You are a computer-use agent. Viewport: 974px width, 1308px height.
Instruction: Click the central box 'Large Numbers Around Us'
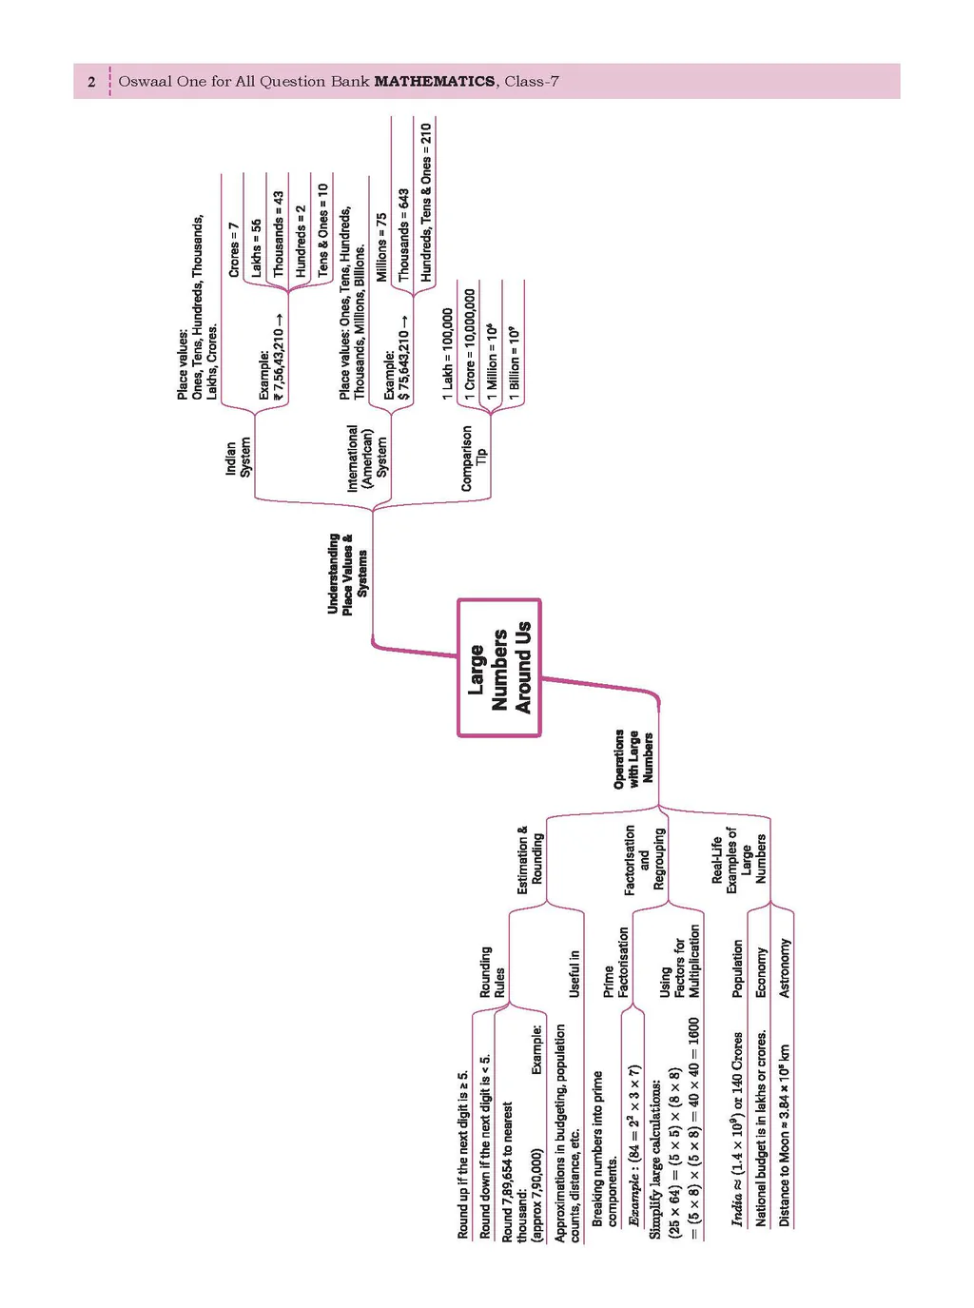click(x=498, y=668)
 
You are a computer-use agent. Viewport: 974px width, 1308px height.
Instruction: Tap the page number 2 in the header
click(x=91, y=82)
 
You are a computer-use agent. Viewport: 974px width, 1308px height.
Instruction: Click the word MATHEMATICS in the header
click(x=435, y=82)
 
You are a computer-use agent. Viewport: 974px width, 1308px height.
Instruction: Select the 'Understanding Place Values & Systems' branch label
click(x=347, y=573)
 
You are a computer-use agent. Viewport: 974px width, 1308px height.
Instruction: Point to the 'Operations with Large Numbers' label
click(x=633, y=758)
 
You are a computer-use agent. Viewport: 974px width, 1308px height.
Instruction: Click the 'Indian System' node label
click(x=238, y=458)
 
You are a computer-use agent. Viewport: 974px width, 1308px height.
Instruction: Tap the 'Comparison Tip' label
click(x=474, y=459)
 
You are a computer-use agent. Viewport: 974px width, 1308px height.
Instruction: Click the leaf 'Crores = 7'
click(x=234, y=249)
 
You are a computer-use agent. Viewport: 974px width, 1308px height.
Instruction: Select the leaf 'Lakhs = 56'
click(x=256, y=248)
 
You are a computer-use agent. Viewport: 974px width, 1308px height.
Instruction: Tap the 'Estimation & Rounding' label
click(x=530, y=860)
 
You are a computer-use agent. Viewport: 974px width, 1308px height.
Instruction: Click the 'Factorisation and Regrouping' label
click(x=644, y=860)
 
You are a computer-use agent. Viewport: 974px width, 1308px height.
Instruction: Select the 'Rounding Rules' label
click(x=492, y=971)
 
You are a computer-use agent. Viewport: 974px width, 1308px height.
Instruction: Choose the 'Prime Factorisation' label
click(x=616, y=963)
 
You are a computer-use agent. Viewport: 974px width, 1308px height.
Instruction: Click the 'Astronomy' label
click(x=784, y=968)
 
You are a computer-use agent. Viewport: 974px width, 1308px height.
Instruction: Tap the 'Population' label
click(x=738, y=968)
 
